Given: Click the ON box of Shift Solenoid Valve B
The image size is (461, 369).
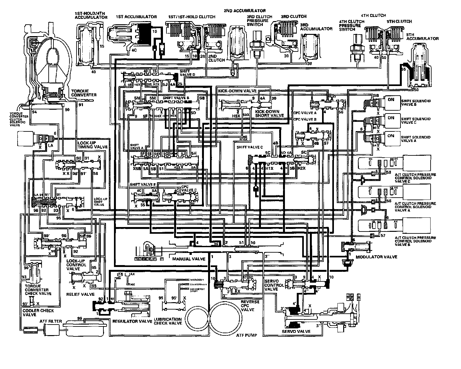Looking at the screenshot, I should click(x=391, y=100).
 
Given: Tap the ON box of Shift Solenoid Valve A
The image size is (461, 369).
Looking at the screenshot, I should click(x=391, y=136).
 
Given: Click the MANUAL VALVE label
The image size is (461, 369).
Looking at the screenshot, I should click(x=189, y=259).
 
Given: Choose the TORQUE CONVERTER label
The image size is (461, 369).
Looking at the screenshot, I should click(x=84, y=93).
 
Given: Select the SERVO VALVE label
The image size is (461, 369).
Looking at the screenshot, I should click(x=296, y=331).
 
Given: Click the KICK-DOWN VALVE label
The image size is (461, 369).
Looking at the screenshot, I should click(x=233, y=91).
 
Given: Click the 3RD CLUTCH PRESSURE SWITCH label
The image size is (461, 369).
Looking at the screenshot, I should click(x=259, y=21).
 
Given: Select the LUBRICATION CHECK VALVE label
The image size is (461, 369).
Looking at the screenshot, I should click(x=167, y=321).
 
